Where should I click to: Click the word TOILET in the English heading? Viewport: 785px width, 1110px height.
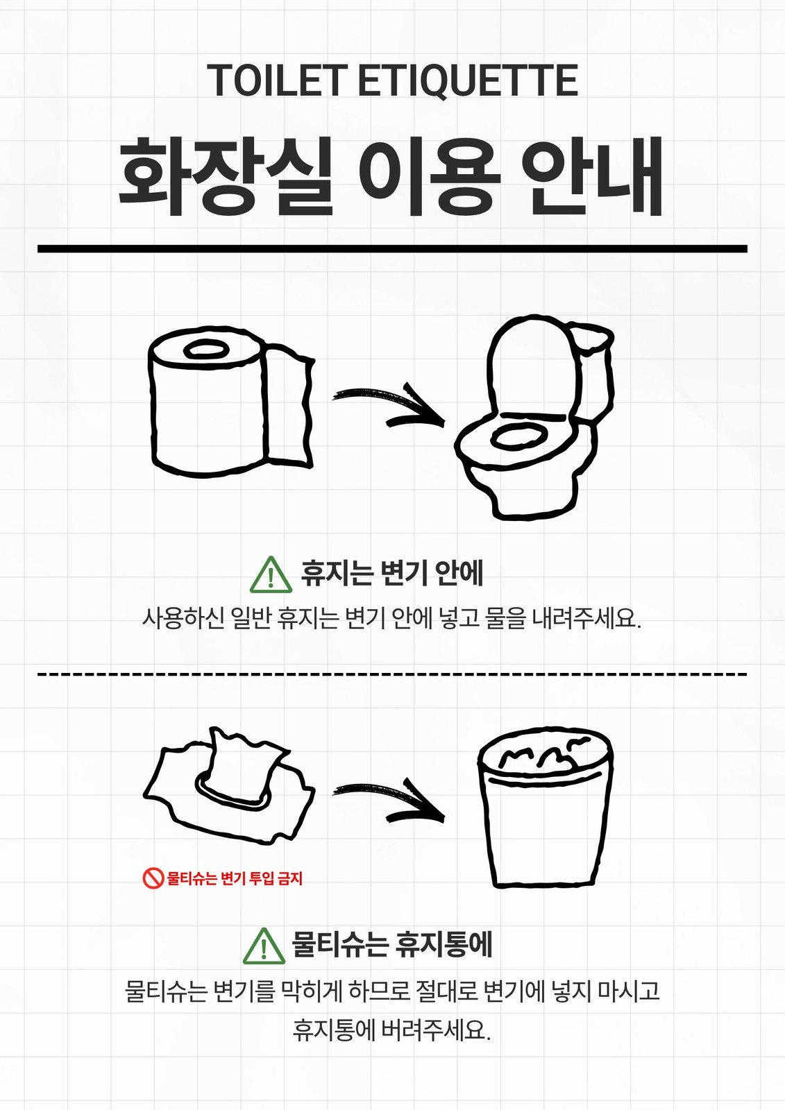276,80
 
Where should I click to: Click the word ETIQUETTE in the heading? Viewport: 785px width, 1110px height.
468,80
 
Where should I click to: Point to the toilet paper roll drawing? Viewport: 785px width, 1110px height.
231,402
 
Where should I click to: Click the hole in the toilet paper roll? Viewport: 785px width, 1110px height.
206,350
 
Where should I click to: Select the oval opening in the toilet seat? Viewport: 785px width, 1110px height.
518,436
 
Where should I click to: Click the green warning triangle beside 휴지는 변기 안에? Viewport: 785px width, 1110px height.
271,575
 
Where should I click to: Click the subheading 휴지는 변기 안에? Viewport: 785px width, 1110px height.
392,573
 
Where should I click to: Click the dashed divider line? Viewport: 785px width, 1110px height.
392,674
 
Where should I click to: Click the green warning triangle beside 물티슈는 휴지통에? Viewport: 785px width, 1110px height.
264,946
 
